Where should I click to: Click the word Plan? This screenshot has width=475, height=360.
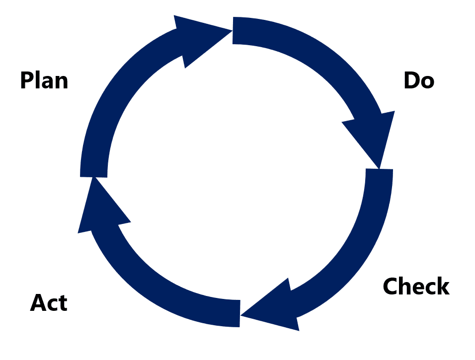pos(44,80)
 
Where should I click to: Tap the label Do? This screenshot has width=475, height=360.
pos(418,80)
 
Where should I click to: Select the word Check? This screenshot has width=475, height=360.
pos(416,287)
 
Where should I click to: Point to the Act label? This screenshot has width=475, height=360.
pos(49,302)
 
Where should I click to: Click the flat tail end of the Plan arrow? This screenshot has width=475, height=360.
pos(94,171)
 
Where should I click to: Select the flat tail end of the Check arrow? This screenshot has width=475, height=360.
pos(379,174)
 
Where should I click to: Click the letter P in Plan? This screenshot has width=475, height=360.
pos(27,80)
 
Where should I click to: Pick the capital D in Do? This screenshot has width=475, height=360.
pos(411,80)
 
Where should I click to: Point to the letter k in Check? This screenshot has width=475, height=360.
pos(442,287)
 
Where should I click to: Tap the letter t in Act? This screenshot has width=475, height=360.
pos(62,302)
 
